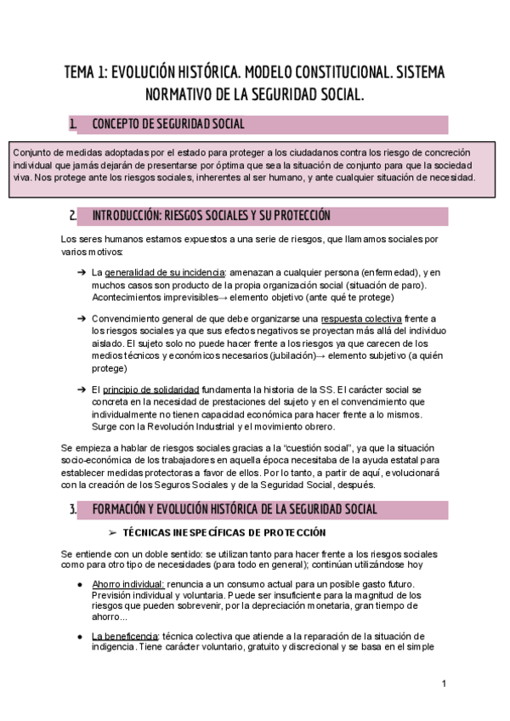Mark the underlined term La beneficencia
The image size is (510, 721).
pyautogui.click(x=124, y=636)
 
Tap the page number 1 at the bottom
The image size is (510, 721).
pyautogui.click(x=444, y=684)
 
